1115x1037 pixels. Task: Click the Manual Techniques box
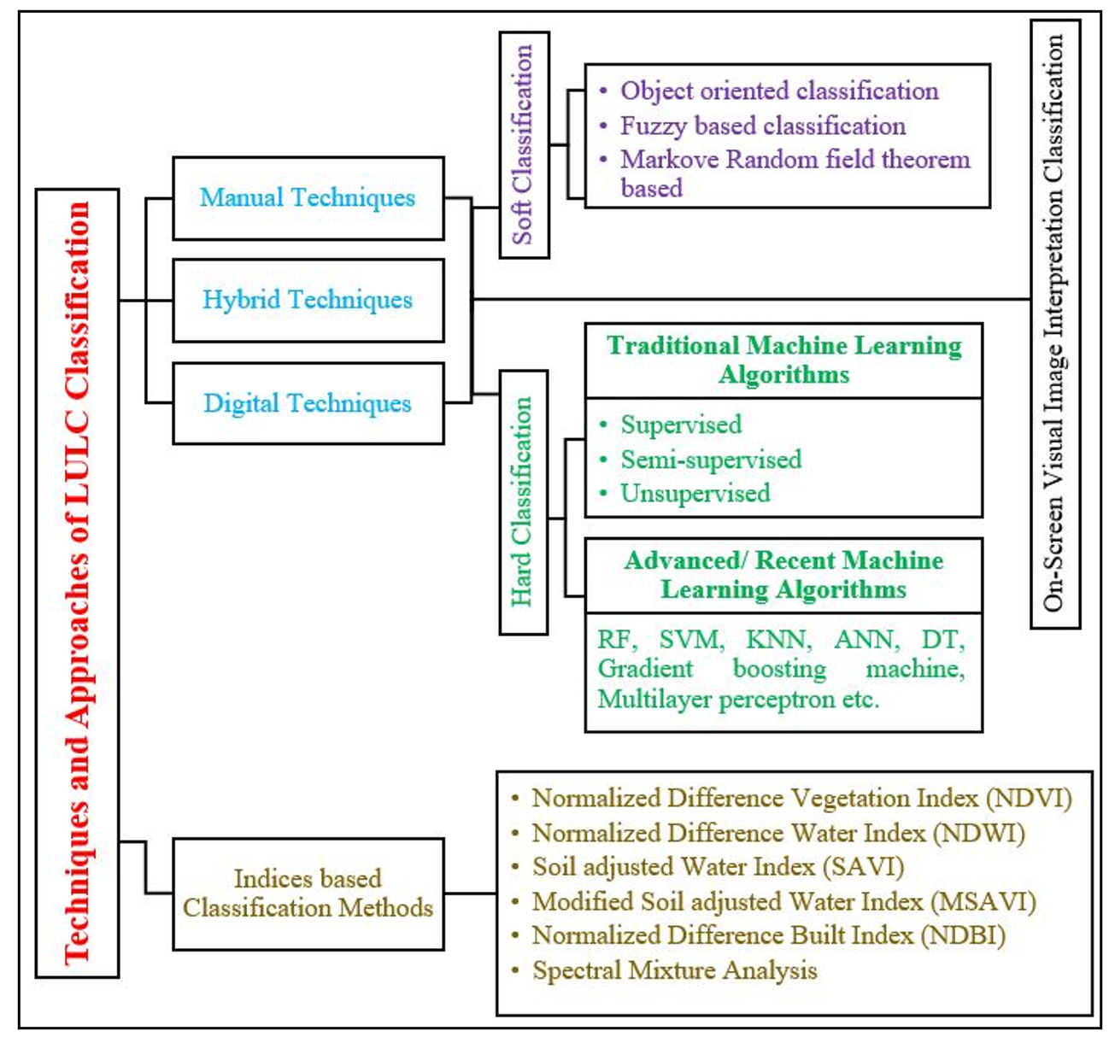[308, 198]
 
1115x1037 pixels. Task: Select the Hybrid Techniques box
[308, 300]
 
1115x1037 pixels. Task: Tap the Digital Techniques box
[308, 403]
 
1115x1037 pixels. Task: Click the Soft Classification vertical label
[523, 145]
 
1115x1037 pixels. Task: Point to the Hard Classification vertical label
[522, 502]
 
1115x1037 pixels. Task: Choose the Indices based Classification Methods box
[308, 893]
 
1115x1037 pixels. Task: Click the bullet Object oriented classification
[779, 91]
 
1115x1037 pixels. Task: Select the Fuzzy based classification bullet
[762, 126]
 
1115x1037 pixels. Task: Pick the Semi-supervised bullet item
[711, 460]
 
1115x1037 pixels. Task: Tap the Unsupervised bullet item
[695, 494]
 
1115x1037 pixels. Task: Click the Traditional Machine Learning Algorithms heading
[783, 360]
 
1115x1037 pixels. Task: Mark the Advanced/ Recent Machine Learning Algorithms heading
[783, 575]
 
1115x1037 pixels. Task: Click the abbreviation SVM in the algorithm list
[691, 640]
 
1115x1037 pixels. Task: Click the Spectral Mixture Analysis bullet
[674, 971]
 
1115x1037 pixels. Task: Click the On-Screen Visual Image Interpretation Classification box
[1055, 324]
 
